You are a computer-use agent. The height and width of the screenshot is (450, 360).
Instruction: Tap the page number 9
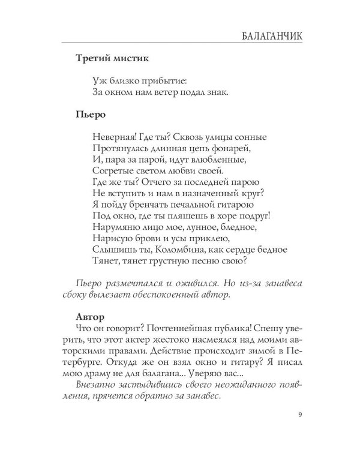click(299, 414)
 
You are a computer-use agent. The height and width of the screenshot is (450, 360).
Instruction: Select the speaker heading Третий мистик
click(113, 59)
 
